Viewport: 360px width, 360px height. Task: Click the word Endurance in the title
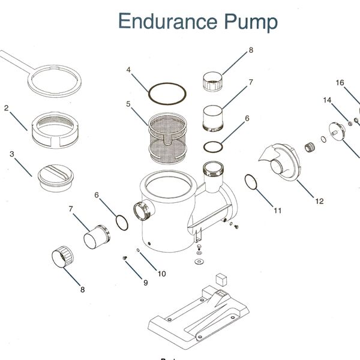[168, 21]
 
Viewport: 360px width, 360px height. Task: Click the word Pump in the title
[251, 23]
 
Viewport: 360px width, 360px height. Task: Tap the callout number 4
[128, 70]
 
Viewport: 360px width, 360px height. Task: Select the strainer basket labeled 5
[167, 138]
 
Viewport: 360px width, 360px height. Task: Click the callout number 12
[319, 201]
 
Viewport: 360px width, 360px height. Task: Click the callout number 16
[340, 83]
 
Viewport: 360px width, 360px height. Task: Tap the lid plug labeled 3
[56, 178]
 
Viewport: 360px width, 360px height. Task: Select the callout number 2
[6, 107]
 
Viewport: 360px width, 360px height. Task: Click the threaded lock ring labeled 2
[55, 130]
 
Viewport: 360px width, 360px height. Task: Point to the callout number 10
[161, 274]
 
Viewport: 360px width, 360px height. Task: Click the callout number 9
[146, 283]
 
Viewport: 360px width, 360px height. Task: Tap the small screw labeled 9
[125, 258]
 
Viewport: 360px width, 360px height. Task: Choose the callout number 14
[327, 100]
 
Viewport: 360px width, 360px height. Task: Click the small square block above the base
[221, 280]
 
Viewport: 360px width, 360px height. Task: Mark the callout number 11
[278, 211]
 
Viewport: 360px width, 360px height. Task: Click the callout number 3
[12, 154]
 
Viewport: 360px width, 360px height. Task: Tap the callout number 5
[128, 104]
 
